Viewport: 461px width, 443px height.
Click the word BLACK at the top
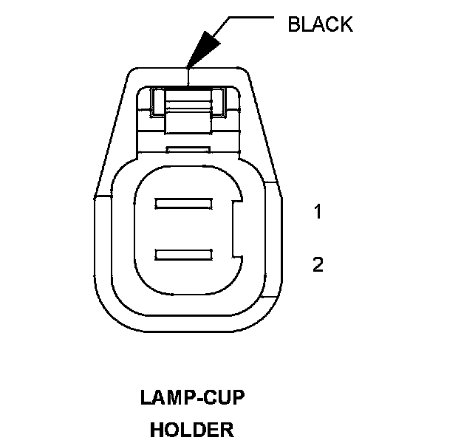320,24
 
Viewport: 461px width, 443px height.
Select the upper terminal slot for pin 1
185,202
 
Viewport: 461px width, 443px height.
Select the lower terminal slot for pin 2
185,255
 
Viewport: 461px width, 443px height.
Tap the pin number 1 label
318,213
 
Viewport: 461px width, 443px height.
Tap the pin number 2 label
318,264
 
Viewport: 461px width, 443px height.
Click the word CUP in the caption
225,399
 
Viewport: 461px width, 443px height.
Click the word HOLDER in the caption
191,429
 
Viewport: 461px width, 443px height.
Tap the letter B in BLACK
293,24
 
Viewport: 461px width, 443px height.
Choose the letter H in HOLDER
157,429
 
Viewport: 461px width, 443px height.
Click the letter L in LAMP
145,399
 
